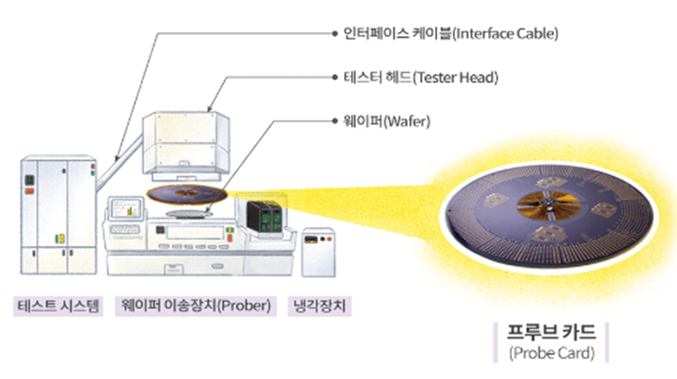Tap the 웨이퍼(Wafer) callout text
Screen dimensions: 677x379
coord(381,121)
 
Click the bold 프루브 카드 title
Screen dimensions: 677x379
coord(551,333)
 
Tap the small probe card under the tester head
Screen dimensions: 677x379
coord(187,193)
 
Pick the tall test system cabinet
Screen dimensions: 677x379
coord(56,214)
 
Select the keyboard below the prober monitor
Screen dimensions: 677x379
coord(125,230)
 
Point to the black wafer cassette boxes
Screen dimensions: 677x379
coord(263,217)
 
